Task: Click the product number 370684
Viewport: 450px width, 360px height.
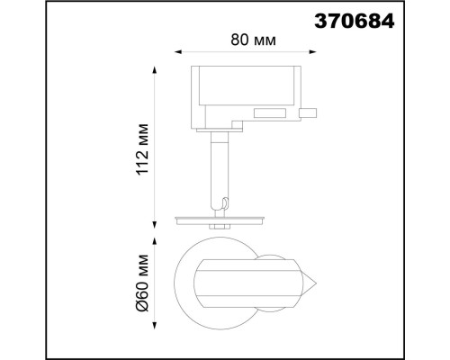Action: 354,22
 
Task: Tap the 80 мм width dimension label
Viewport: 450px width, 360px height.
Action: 253,40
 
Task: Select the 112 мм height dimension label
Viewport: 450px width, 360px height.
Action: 142,149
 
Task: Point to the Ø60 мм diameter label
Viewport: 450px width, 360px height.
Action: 142,283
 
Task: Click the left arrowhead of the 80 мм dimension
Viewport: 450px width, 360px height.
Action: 178,52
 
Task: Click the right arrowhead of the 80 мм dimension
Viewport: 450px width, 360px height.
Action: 313,52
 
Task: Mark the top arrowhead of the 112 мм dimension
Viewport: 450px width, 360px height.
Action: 155,69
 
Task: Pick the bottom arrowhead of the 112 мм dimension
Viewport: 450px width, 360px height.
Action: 155,225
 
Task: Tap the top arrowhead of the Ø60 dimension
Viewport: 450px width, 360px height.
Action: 155,242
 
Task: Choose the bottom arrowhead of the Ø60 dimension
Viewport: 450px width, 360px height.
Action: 155,326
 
